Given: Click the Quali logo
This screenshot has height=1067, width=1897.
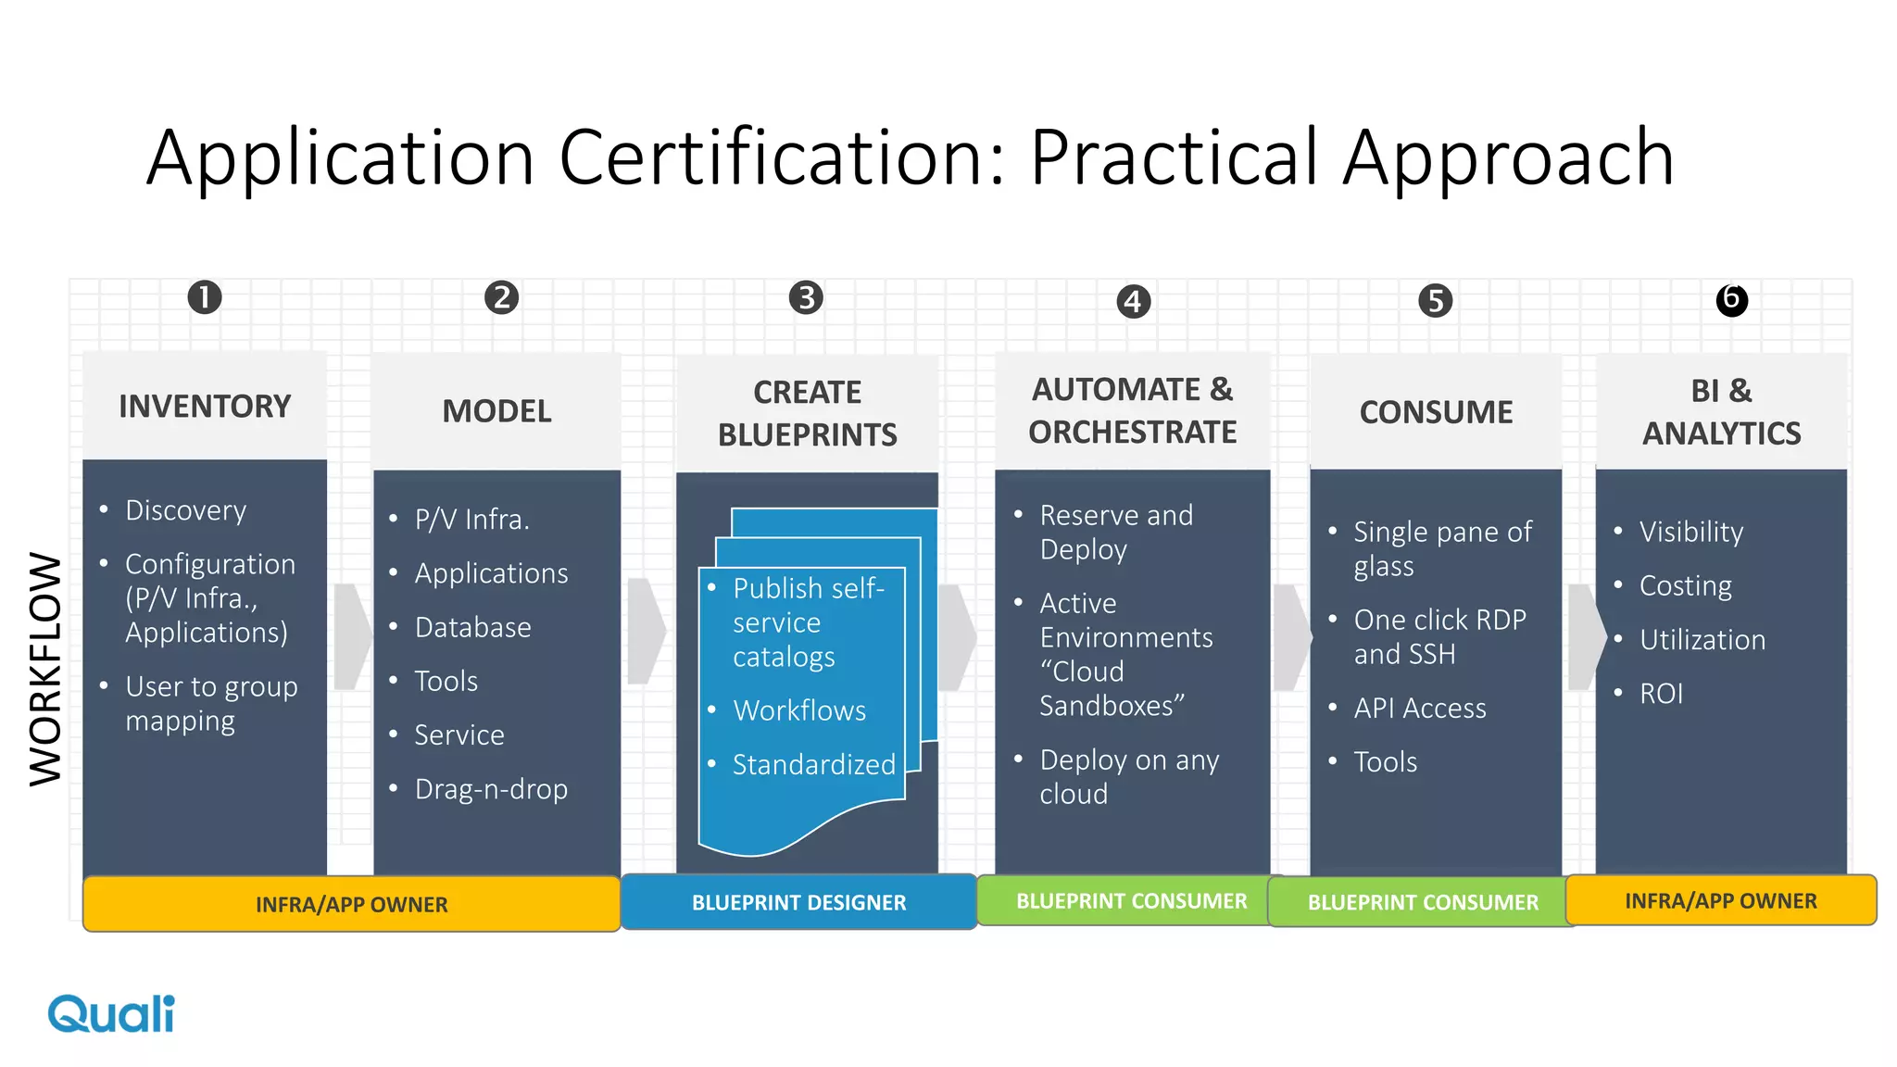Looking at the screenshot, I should click(x=111, y=1014).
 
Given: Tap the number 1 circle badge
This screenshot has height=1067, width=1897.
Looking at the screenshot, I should click(x=205, y=297).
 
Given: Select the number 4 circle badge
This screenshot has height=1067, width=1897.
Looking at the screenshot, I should click(x=1133, y=301).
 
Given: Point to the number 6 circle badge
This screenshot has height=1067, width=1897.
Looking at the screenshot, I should click(x=1731, y=299).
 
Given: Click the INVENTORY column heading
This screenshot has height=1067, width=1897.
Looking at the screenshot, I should click(x=205, y=407).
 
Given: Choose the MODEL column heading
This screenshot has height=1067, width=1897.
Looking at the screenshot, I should click(x=496, y=411).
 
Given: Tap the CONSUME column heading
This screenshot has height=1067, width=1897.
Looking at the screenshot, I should click(x=1436, y=412).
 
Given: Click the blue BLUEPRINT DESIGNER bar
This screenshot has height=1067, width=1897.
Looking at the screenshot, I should click(x=798, y=902).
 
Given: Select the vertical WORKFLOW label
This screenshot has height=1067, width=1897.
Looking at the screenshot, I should click(x=45, y=669).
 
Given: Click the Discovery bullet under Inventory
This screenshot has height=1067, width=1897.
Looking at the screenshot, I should click(x=185, y=510).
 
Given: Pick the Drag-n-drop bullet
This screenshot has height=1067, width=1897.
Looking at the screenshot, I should click(x=491, y=789).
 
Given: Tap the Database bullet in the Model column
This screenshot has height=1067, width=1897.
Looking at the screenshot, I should click(x=472, y=627).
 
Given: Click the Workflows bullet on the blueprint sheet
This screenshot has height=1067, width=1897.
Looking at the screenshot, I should click(x=799, y=710).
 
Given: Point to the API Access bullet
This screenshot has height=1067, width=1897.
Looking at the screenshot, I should click(x=1419, y=709).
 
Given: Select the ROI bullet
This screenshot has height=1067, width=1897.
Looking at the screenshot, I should click(x=1661, y=694).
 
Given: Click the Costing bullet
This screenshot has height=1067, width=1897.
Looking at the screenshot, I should click(x=1685, y=586).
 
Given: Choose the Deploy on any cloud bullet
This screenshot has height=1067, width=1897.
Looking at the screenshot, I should click(x=1128, y=776).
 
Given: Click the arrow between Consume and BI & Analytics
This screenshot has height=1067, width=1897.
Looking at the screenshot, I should click(x=1587, y=636).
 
